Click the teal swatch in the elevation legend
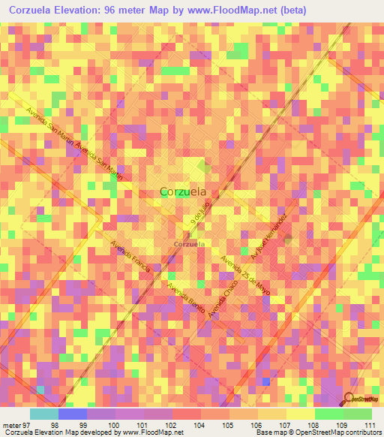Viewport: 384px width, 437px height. coord(43,414)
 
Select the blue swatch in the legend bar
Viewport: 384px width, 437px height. coord(72,414)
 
